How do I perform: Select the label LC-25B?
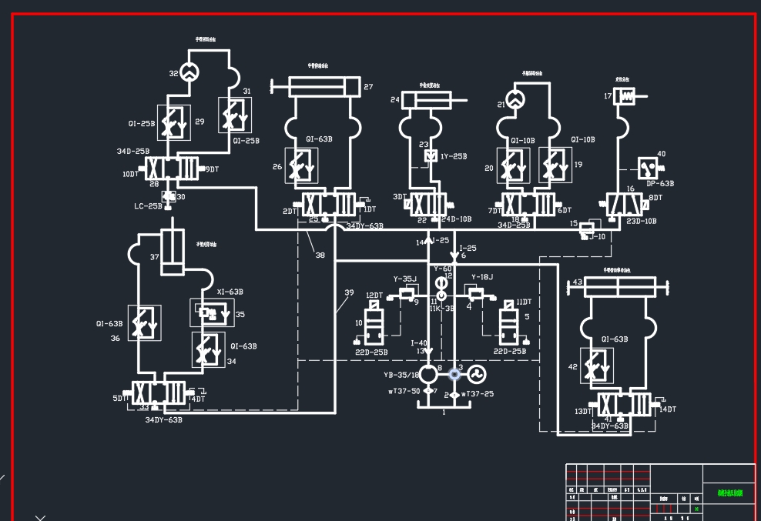click(x=148, y=206)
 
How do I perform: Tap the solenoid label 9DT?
click(x=211, y=169)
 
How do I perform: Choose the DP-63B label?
click(x=660, y=184)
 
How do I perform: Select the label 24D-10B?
click(x=456, y=219)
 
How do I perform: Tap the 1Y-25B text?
click(x=454, y=156)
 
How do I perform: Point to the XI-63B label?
click(x=230, y=292)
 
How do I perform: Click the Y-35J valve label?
click(x=404, y=279)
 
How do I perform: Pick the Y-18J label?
click(x=481, y=277)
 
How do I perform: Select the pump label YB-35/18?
click(x=401, y=376)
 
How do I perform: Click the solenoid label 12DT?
click(x=374, y=296)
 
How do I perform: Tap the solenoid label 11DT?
click(x=524, y=302)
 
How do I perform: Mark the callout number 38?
click(x=320, y=255)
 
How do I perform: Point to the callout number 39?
click(x=349, y=292)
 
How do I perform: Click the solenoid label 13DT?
click(x=583, y=412)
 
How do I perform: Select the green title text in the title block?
click(x=729, y=493)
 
